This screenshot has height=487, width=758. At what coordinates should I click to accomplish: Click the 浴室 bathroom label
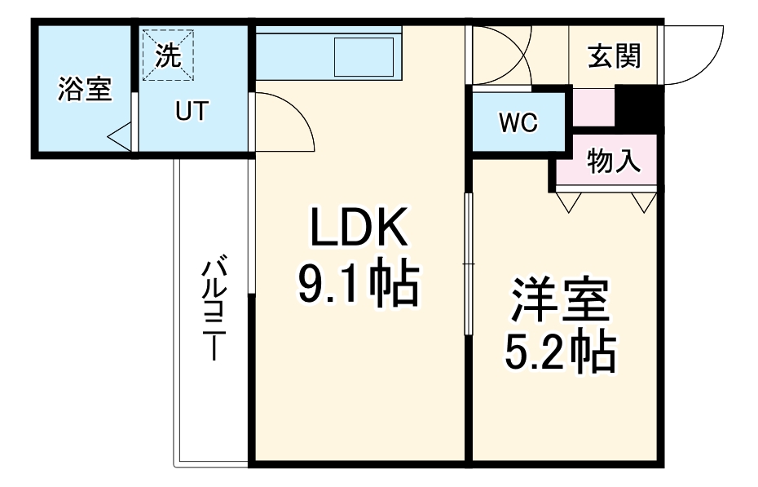pos(85,89)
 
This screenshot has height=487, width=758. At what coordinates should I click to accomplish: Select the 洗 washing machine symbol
pos(169,55)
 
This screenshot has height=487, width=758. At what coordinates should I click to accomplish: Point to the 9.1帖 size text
pos(358,283)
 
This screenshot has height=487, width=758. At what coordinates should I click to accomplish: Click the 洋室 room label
pos(560,301)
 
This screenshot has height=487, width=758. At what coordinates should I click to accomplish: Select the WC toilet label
pos(518,123)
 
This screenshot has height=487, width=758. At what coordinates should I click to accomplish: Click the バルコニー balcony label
pos(214,310)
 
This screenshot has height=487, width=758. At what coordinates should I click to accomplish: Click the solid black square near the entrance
pos(639,107)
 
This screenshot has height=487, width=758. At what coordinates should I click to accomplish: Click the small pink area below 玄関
pos(593,107)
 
